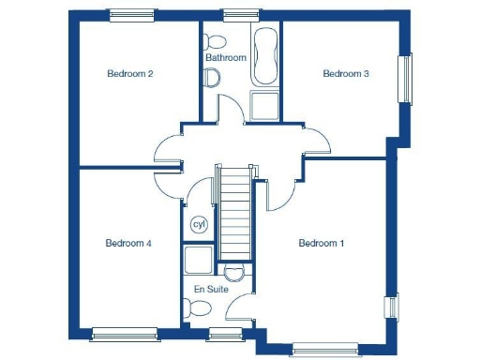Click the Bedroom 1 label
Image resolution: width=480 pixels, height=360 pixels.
[x=322, y=244]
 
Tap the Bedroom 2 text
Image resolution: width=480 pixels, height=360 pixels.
[x=129, y=73]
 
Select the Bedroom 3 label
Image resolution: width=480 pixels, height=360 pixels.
[x=346, y=73]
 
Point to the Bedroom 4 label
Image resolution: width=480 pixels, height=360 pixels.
[x=128, y=243]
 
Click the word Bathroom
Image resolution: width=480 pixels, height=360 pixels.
[x=226, y=57]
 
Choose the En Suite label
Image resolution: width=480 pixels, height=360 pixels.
[x=211, y=290]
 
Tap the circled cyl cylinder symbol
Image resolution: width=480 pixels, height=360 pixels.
[x=199, y=224]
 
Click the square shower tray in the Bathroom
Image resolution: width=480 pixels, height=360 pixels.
[x=265, y=106]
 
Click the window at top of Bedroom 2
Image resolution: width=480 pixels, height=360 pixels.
[x=129, y=15]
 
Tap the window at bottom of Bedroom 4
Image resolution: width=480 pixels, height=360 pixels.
[x=124, y=331]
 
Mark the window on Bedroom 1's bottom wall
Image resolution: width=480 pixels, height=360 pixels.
[x=325, y=349]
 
